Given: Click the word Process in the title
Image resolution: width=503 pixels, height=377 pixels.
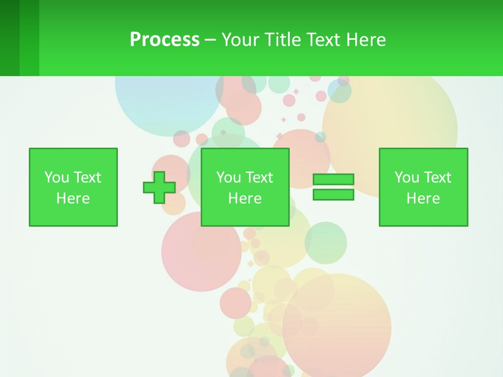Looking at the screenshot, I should point(165,40).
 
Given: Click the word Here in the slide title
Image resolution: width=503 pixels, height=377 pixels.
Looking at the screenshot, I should point(365,40).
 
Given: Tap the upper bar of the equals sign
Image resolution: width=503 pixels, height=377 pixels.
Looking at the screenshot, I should point(333,180).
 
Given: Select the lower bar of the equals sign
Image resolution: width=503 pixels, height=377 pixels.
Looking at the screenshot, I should point(333,194).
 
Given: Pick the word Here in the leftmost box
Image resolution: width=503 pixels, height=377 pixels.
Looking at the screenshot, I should point(73,198).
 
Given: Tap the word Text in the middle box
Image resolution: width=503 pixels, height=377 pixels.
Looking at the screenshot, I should point(259,178).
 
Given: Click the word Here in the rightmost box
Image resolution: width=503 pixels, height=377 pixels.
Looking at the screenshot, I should point(423,198).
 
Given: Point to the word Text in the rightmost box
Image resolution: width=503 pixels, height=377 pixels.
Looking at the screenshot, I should point(438,178).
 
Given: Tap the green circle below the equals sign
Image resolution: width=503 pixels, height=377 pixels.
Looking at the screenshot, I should point(326,242).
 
